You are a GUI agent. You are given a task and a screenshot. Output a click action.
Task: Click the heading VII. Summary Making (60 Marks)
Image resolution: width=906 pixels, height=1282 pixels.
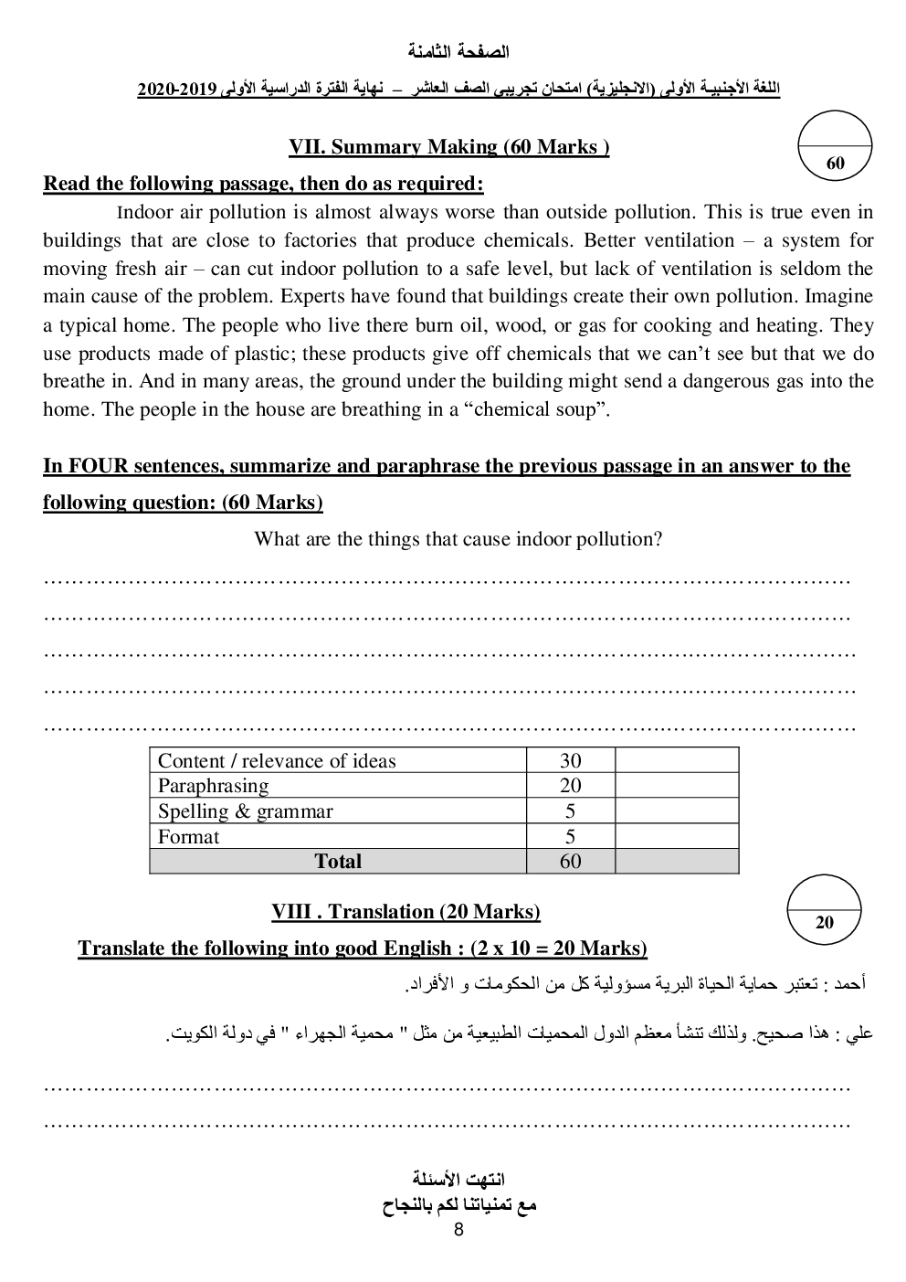(x=448, y=147)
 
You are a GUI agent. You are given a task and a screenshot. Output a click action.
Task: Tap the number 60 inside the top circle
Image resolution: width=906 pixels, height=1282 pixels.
(x=835, y=164)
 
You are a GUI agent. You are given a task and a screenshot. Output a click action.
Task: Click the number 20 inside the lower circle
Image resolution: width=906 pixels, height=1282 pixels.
(x=824, y=922)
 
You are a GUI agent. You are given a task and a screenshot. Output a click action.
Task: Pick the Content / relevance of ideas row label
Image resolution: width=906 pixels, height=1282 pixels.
(x=277, y=760)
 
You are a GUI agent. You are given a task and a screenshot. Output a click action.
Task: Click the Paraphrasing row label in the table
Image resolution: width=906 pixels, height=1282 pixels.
(x=213, y=785)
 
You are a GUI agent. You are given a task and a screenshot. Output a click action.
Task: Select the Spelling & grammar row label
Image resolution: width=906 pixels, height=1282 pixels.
(x=245, y=811)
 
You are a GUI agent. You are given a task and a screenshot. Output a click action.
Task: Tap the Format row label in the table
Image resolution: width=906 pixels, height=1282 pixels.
(x=188, y=836)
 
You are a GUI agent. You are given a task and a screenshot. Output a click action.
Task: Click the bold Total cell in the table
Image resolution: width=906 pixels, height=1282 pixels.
(x=337, y=861)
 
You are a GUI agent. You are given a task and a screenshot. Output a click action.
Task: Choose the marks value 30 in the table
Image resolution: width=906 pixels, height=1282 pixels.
(x=570, y=760)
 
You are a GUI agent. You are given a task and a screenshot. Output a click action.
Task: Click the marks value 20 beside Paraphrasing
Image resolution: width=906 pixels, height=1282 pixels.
(x=570, y=785)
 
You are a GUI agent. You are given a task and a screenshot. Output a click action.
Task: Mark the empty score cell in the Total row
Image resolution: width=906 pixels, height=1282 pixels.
(x=676, y=861)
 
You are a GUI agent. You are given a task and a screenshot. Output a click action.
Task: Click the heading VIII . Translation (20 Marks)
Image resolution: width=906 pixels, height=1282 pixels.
(x=406, y=912)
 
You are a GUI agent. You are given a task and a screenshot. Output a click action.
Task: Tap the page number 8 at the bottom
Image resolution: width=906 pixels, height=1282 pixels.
(x=458, y=1229)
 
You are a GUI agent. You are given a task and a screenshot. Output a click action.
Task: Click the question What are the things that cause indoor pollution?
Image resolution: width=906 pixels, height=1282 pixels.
(x=458, y=538)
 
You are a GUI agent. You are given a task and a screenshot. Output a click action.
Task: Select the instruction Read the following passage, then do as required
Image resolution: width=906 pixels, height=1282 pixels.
(x=263, y=184)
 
